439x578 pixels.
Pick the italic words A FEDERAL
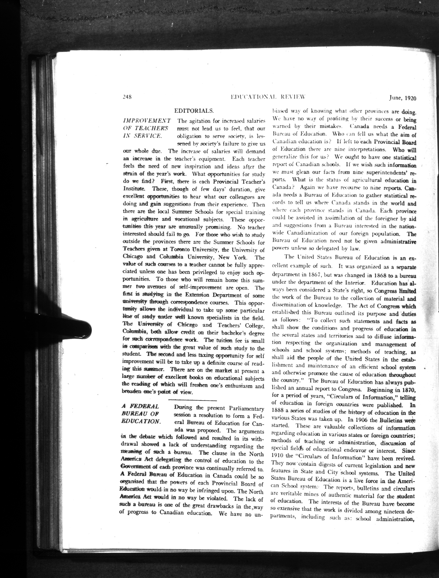pos(140,407)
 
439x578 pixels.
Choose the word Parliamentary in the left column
pos(246,408)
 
